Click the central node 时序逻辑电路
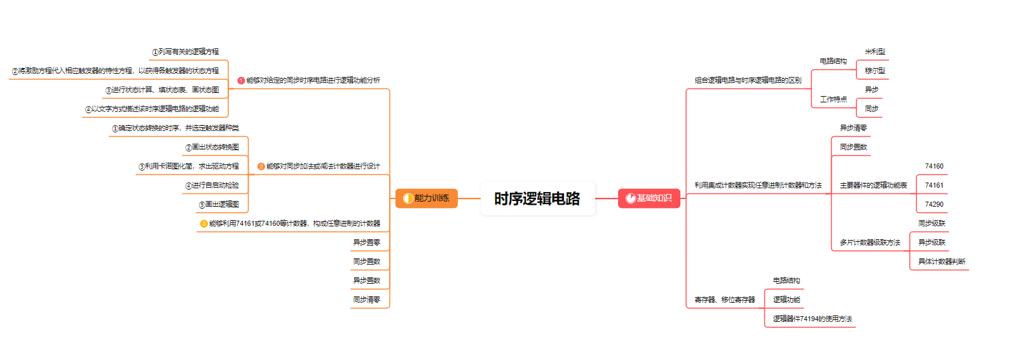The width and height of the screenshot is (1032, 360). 537,198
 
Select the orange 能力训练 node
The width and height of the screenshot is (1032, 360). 427,198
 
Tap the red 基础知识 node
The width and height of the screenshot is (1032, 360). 649,198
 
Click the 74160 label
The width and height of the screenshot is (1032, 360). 934,167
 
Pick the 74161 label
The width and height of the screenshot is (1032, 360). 934,186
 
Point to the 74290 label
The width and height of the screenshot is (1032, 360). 934,205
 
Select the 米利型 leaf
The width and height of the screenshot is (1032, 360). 875,52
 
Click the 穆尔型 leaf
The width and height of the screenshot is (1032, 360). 875,71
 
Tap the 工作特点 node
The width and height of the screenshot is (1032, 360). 833,100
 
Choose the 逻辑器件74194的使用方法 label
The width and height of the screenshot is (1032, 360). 812,319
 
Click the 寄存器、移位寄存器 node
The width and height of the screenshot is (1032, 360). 724,300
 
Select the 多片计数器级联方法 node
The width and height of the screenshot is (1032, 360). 870,243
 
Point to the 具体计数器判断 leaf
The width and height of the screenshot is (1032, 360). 941,262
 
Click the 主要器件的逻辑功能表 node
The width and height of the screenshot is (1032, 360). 873,186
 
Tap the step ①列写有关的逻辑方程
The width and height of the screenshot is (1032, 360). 185,52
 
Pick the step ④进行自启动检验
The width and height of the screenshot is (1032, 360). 212,186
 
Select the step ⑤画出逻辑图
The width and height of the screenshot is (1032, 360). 219,205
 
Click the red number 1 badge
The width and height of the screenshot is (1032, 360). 241,81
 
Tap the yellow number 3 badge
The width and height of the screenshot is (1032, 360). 203,224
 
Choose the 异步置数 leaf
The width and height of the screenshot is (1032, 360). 366,280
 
